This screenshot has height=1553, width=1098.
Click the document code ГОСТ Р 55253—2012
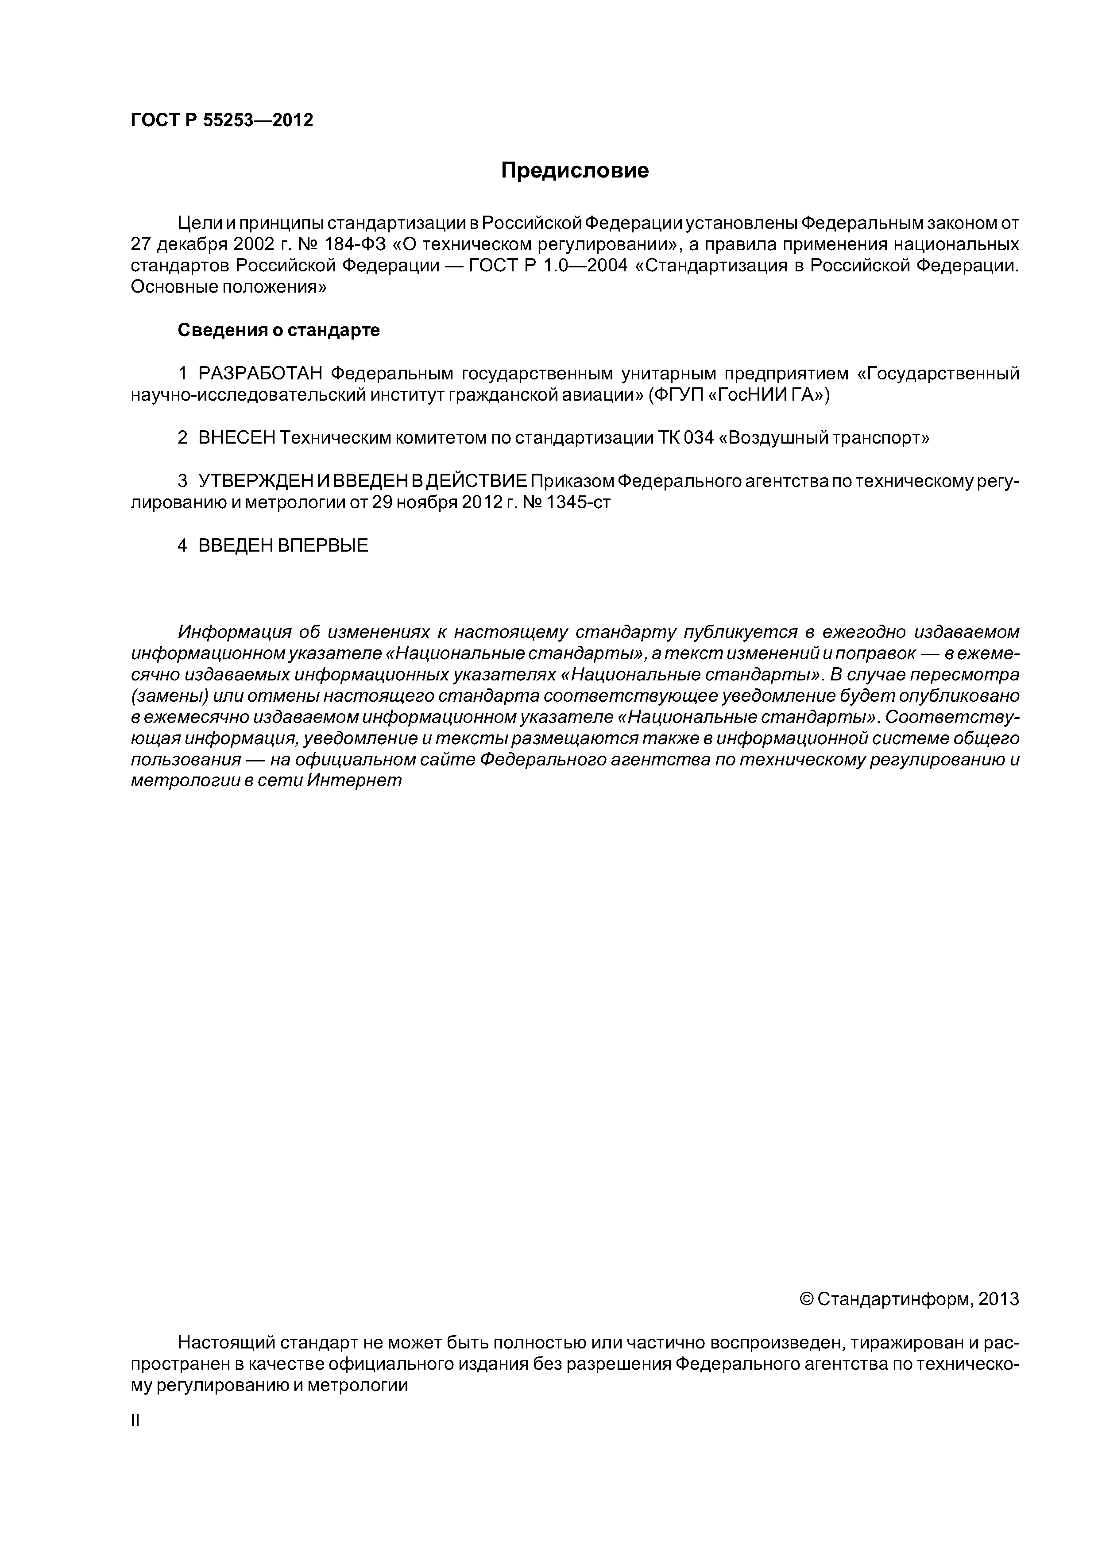click(x=221, y=120)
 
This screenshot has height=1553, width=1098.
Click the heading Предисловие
click(x=574, y=170)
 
